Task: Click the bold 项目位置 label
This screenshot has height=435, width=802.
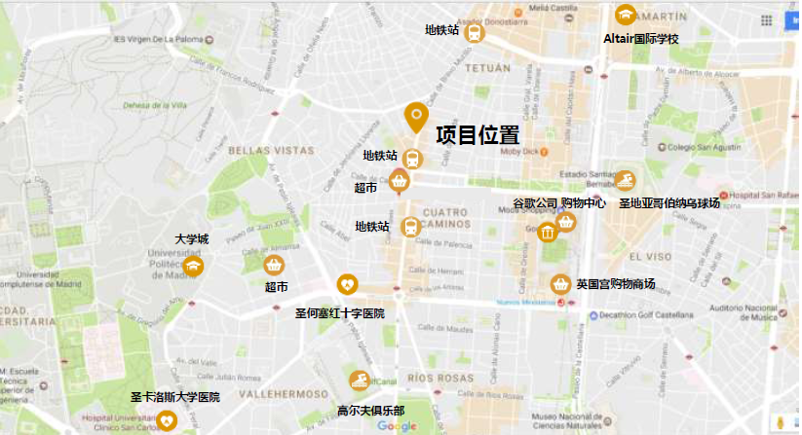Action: coord(477,135)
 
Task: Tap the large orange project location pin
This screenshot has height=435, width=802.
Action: coord(416,117)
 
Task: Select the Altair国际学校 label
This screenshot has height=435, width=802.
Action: coord(641,39)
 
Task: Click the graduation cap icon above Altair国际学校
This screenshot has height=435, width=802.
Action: coord(625,16)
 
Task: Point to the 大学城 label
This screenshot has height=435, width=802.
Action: coord(192,239)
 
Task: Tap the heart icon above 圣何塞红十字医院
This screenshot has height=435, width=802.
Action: coord(347,284)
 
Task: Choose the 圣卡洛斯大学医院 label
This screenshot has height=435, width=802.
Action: coord(175,397)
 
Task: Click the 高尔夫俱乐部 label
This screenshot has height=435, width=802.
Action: coord(370,410)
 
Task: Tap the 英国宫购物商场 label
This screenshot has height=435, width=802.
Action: coord(615,284)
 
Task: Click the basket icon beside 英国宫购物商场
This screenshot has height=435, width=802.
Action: coord(560,284)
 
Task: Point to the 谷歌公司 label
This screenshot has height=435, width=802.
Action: coord(535,203)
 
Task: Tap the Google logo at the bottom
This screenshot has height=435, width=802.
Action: coord(397,426)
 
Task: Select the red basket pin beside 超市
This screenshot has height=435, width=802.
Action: coord(400,180)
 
